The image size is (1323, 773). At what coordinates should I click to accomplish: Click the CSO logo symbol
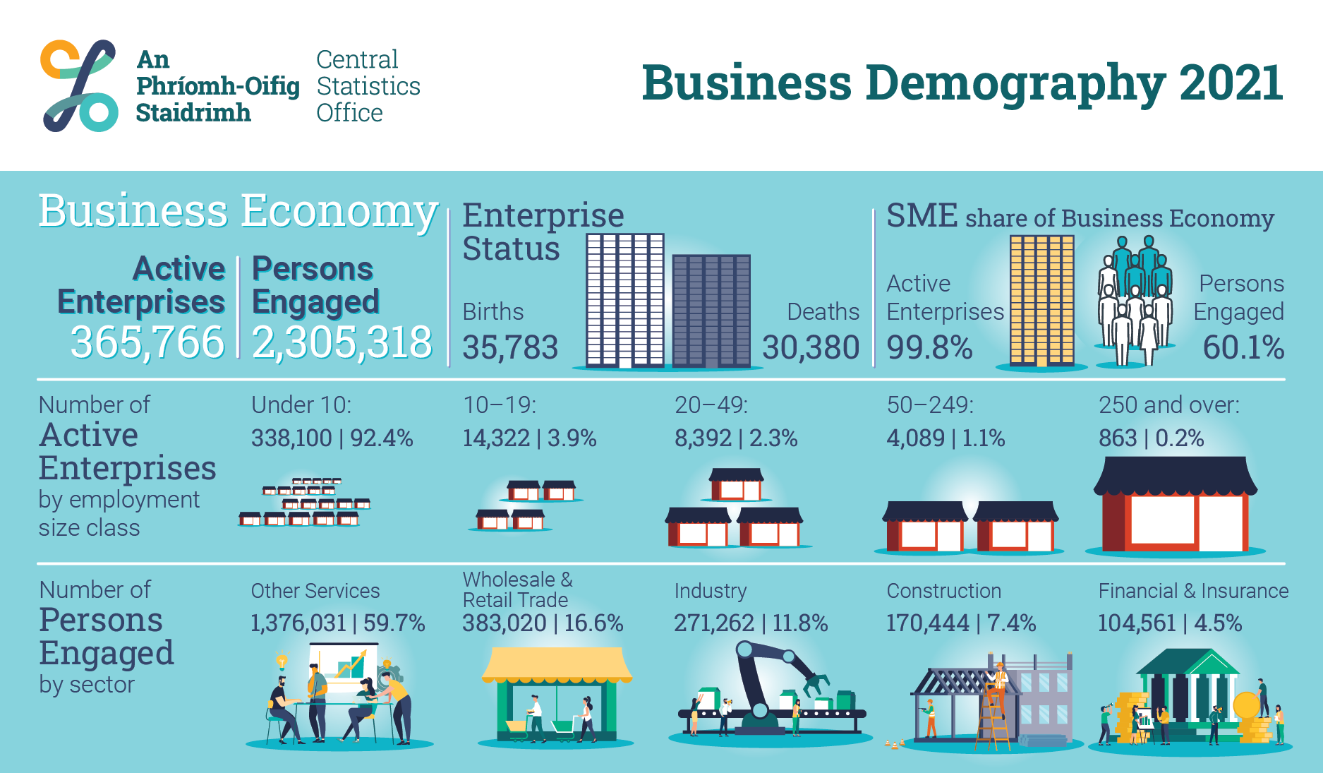click(x=79, y=85)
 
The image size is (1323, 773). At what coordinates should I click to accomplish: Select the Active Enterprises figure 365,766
click(x=147, y=342)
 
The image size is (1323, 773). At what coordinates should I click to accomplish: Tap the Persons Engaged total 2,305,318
click(x=342, y=342)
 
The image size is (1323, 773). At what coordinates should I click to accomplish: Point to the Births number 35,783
click(x=510, y=347)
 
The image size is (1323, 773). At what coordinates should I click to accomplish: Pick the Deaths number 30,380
click(x=811, y=347)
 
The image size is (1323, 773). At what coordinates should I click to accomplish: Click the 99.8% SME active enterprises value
click(x=929, y=347)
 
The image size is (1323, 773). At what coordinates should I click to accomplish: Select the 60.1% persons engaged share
click(x=1243, y=347)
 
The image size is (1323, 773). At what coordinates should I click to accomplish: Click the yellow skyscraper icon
click(x=1041, y=301)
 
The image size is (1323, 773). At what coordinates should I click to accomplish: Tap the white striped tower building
click(x=625, y=301)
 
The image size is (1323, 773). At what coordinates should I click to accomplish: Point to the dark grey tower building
click(x=711, y=311)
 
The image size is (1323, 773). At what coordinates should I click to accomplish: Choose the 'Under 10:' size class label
click(x=301, y=405)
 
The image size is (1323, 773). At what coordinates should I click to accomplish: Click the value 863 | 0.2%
click(x=1151, y=438)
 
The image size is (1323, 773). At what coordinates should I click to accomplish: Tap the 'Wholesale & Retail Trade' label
click(x=517, y=589)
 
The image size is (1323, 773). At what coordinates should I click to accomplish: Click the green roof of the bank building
click(x=1188, y=663)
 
